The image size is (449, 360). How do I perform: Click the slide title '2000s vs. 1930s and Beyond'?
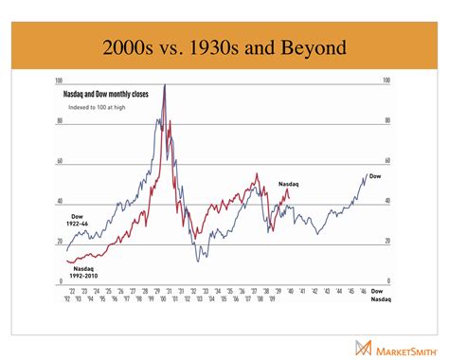224,46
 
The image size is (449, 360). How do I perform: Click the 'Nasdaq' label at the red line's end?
288,183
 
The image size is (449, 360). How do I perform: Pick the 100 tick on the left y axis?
61,81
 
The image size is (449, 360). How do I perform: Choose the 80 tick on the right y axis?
386,121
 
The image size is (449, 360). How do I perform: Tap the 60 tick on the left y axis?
61,162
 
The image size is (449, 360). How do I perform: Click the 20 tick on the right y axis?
386,242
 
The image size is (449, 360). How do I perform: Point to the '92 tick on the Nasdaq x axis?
67,298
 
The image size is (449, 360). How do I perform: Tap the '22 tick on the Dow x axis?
67,290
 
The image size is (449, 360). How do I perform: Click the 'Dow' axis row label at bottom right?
376,290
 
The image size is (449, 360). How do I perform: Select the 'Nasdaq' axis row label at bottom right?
378,298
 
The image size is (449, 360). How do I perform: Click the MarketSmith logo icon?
361,347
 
